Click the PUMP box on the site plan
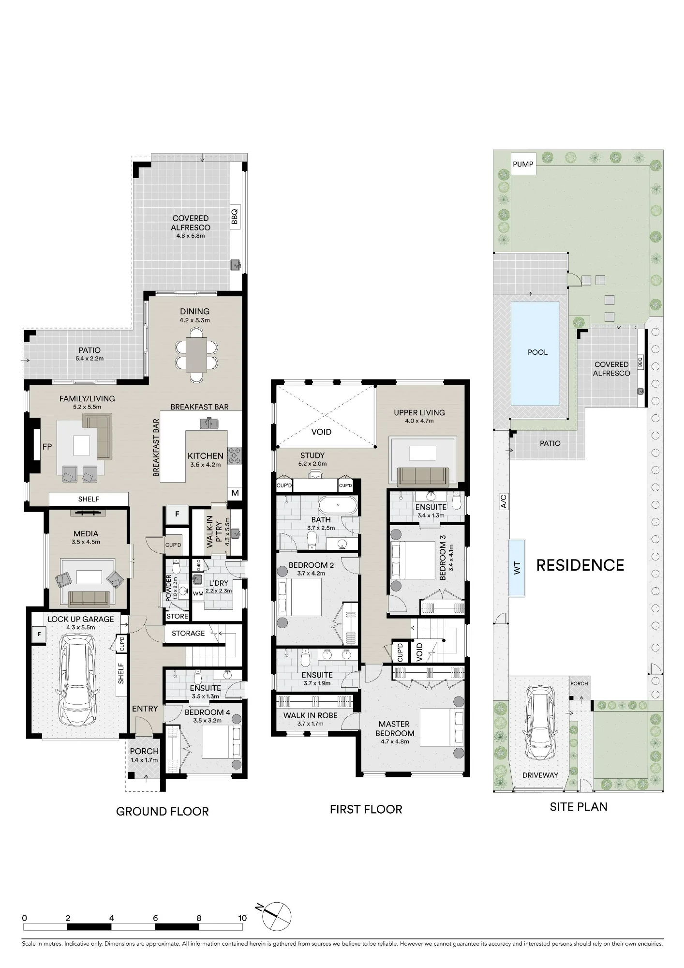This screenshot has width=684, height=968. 523,164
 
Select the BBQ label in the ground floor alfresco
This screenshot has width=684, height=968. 235,216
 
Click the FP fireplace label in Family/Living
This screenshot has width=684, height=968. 47,447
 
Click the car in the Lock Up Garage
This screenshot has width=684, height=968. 77,680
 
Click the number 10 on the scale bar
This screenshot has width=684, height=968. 242,918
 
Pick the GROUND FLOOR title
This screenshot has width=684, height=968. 163,811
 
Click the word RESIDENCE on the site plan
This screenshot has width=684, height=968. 580,565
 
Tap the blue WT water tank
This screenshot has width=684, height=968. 517,568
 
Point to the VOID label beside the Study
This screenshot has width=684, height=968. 321,432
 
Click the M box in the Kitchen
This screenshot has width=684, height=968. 235,493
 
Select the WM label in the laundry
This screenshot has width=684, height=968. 198,593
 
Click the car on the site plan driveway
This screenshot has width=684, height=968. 540,724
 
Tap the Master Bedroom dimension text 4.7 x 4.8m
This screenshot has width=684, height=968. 395,741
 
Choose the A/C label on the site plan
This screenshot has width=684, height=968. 503,501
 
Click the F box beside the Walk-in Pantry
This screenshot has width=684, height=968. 178,514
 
